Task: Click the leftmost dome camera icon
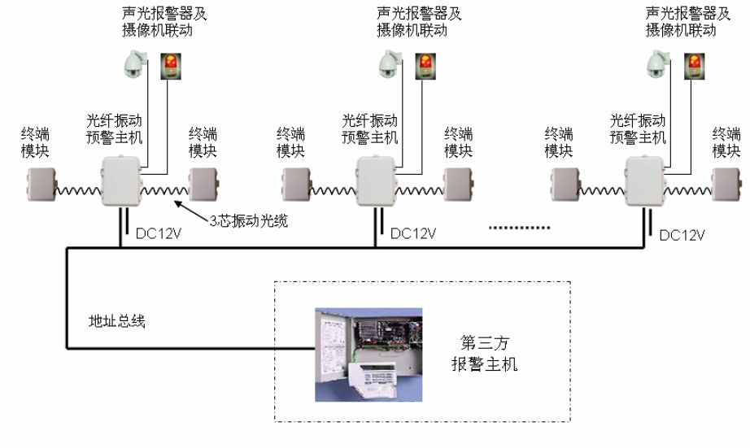(x=133, y=65)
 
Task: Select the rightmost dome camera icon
(x=656, y=65)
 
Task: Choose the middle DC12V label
(x=413, y=233)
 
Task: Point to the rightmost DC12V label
(x=682, y=234)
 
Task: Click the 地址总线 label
(x=116, y=321)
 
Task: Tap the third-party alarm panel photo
(x=368, y=354)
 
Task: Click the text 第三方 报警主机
(x=484, y=353)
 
